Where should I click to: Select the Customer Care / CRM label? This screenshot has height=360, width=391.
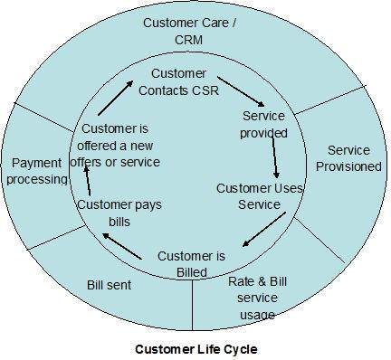pyautogui.click(x=189, y=29)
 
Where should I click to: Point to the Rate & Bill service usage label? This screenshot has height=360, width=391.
pyautogui.click(x=257, y=298)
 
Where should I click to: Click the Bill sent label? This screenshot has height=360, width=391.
pyautogui.click(x=110, y=285)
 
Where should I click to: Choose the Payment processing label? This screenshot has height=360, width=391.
pyautogui.click(x=39, y=170)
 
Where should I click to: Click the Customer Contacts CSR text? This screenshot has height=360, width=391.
pyautogui.click(x=178, y=81)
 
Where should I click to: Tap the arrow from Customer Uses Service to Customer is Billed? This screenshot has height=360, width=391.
pyautogui.click(x=264, y=230)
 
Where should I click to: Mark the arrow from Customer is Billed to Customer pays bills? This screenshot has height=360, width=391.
pyautogui.click(x=121, y=247)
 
